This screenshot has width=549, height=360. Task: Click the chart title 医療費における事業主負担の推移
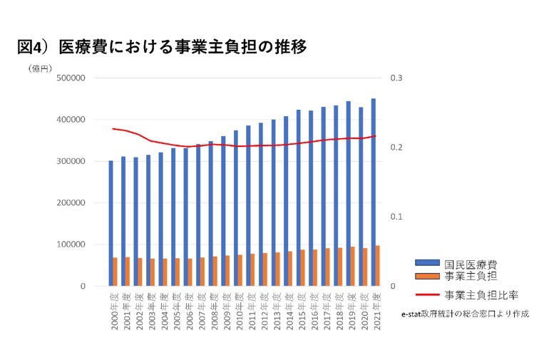coord(162,48)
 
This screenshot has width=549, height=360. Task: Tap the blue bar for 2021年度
coord(373,192)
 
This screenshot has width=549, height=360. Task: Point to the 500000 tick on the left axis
coord(71,78)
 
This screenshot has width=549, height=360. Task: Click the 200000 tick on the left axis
coord(71,203)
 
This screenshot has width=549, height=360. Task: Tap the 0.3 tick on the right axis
coord(396,78)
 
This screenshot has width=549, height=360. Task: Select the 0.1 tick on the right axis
coord(396,217)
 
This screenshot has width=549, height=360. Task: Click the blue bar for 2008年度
coord(210,214)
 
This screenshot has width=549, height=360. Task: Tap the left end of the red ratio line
coord(113,128)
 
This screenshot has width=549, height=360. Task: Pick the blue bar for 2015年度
coord(298,198)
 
